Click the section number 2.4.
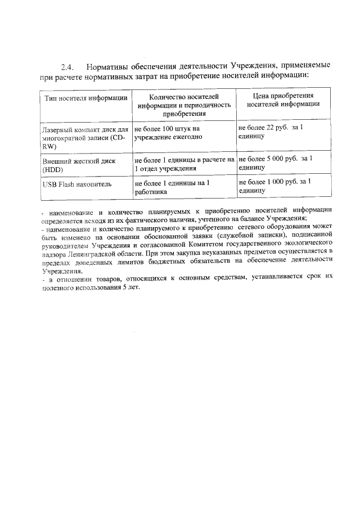click(x=69, y=65)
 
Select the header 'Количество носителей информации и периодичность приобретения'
click(x=184, y=105)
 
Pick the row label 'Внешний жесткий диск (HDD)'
click(x=79, y=164)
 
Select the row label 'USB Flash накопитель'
click(x=76, y=184)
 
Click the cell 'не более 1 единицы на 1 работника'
click(x=172, y=187)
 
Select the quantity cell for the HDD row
click(x=184, y=164)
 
